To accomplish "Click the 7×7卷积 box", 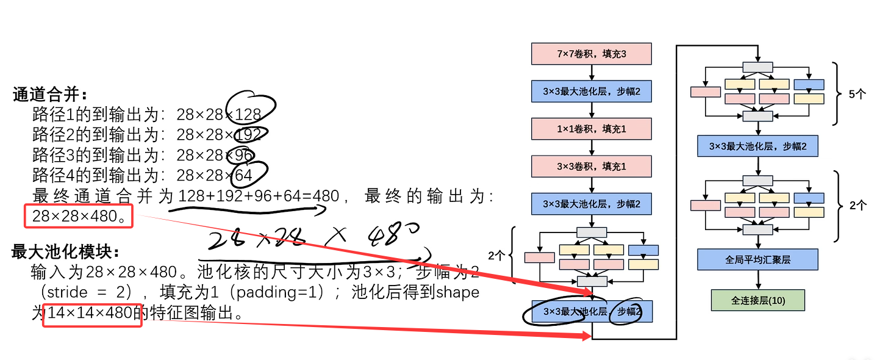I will (592, 54).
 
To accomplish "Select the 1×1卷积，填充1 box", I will (592, 129).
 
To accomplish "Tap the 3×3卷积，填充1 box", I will (592, 166).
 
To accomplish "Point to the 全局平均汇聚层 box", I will (758, 259).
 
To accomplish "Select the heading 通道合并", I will (50, 95).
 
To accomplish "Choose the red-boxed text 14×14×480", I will (92, 314).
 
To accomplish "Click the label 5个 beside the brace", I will (857, 95).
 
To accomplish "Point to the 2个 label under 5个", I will (857, 206).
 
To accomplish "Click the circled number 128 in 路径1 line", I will (248, 114).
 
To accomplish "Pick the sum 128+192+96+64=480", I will (259, 196).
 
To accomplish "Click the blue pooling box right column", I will (758, 146).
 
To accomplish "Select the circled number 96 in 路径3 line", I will (243, 156).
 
